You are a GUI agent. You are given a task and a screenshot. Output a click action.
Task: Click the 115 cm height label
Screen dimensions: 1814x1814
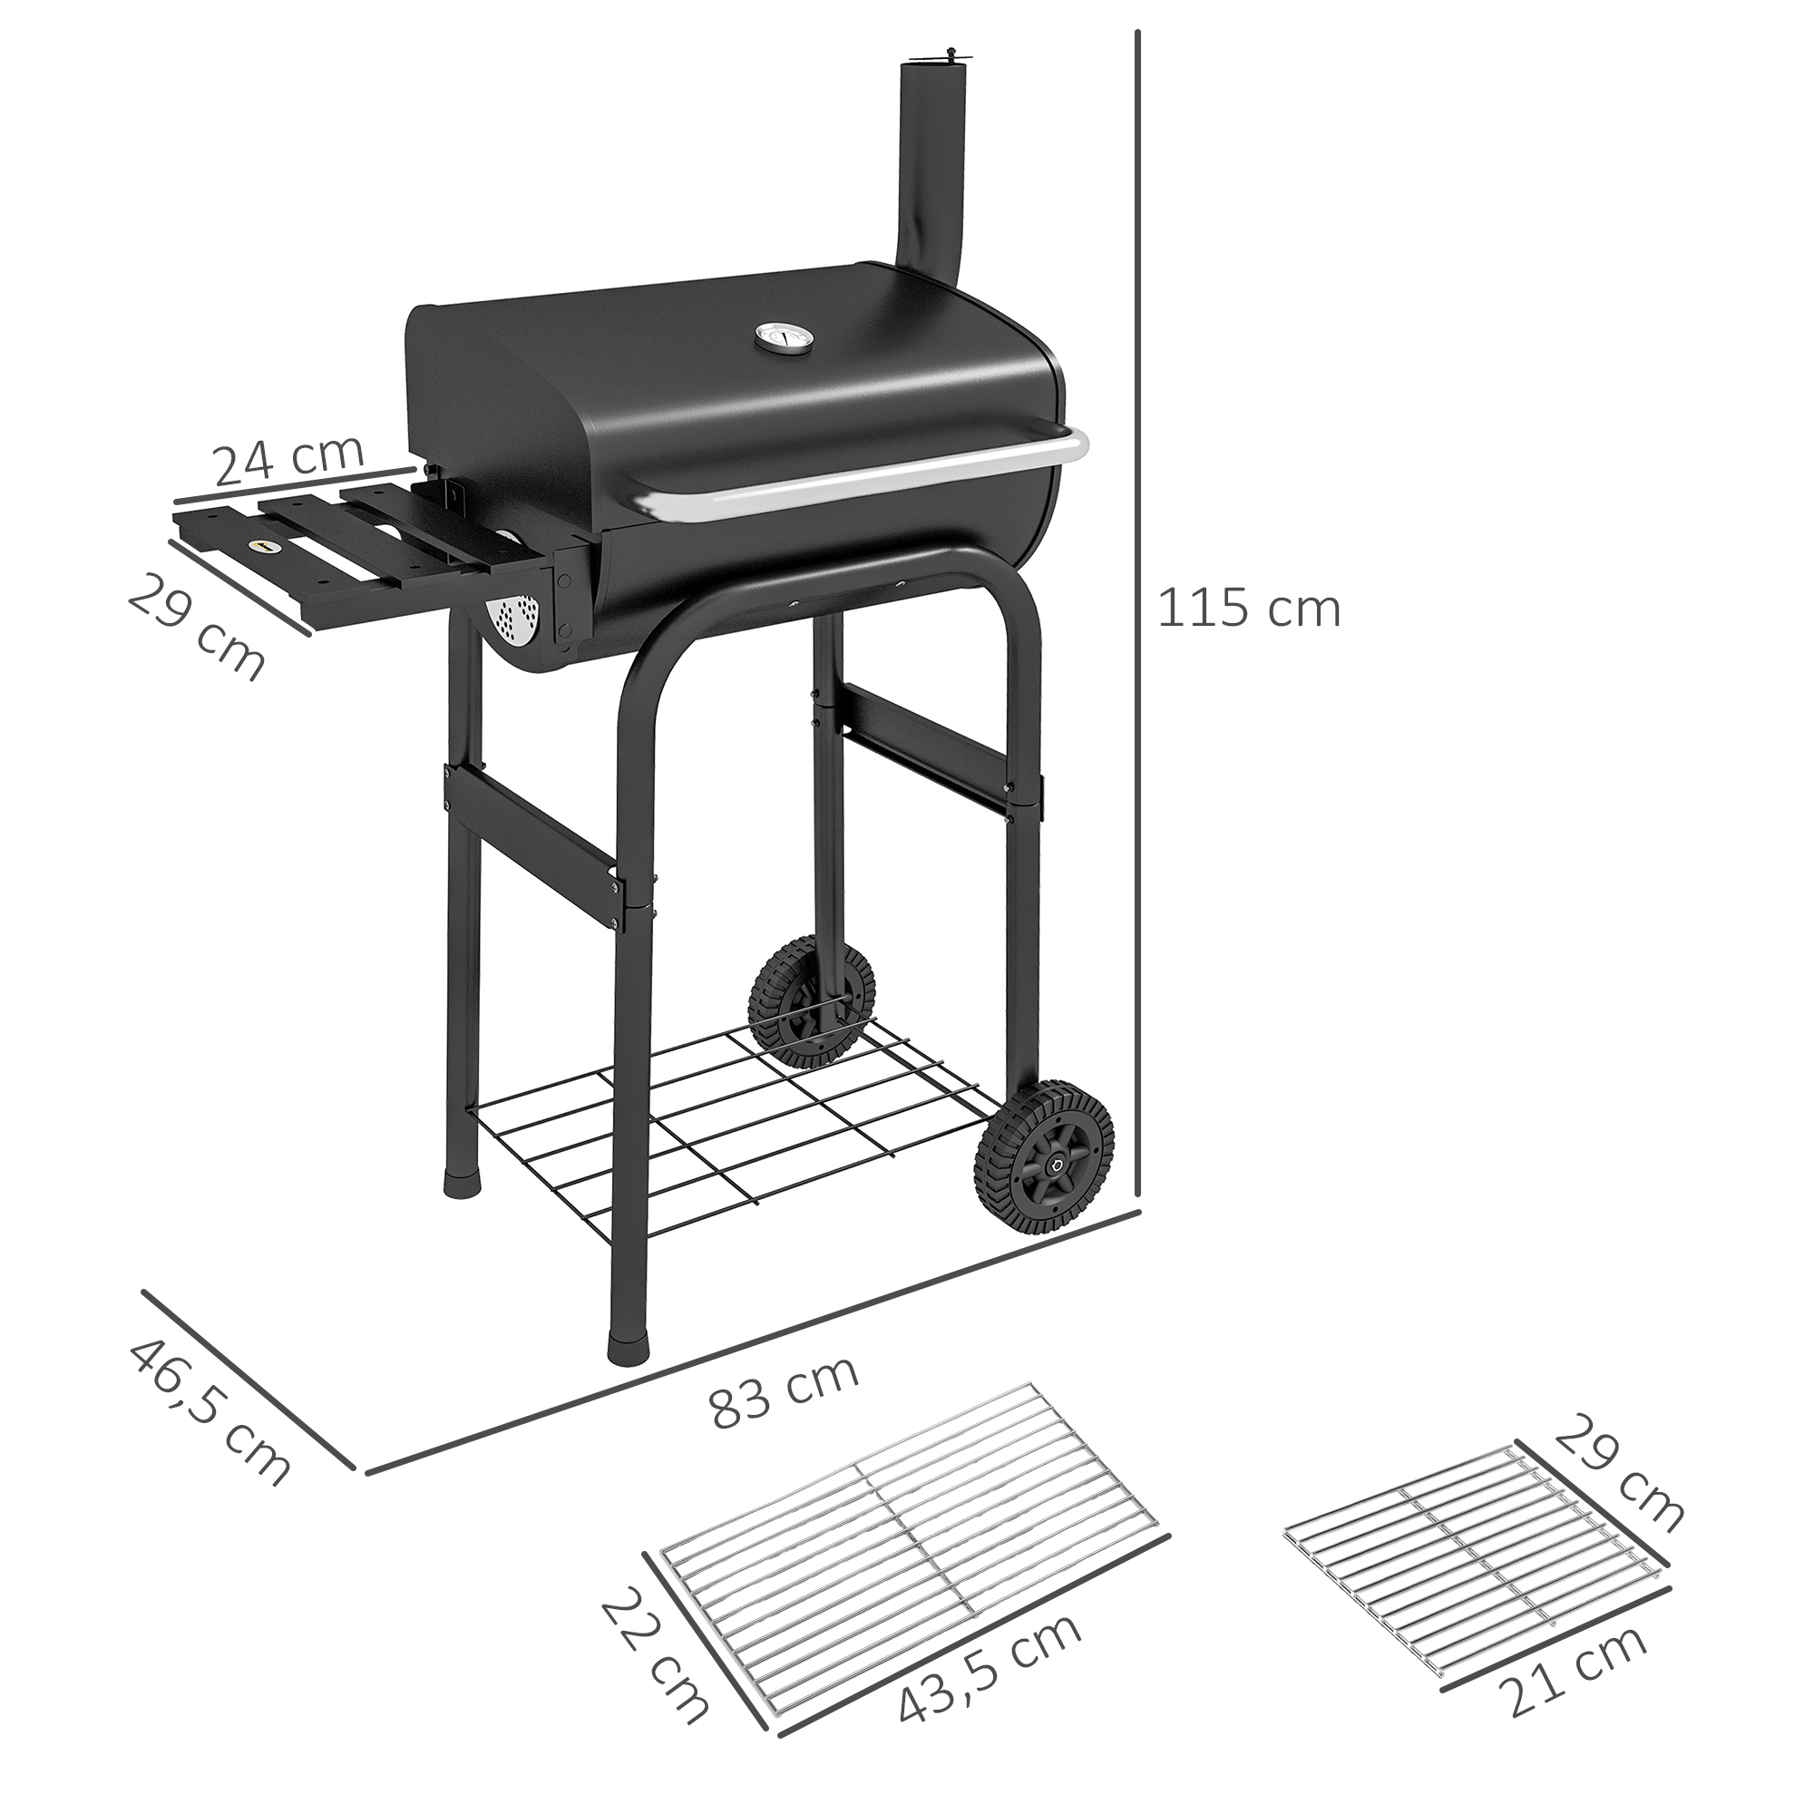(x=1249, y=610)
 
